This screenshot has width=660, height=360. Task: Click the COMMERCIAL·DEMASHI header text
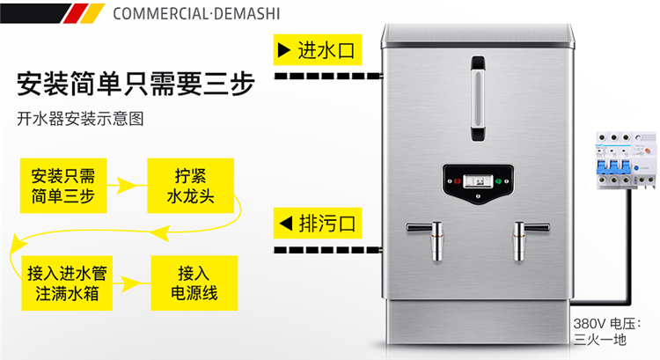[x=196, y=14]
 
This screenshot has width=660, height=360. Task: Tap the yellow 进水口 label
[x=318, y=49]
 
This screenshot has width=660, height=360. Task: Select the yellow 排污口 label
[x=318, y=224]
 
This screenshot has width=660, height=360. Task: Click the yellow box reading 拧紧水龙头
[x=190, y=186]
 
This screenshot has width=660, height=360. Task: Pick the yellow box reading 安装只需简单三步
[x=63, y=186]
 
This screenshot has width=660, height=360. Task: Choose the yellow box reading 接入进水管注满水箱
[x=67, y=283]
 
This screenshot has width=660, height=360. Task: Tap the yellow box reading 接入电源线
[x=194, y=283]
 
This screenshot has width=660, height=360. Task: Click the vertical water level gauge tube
[x=478, y=98]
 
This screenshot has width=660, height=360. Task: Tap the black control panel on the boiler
[x=478, y=184]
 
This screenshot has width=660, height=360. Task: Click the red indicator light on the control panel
[x=458, y=181]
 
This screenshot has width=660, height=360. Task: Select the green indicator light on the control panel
[x=498, y=181]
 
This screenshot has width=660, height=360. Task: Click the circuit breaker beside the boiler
[x=626, y=160]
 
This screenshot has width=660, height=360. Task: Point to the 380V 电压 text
[x=606, y=324]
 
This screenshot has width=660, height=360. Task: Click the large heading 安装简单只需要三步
[x=136, y=84]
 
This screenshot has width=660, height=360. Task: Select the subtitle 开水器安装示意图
[x=80, y=119]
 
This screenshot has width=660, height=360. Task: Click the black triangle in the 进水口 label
[x=283, y=50]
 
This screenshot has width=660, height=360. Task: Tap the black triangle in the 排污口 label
[x=286, y=224]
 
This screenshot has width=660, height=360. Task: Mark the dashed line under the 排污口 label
[x=328, y=250]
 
